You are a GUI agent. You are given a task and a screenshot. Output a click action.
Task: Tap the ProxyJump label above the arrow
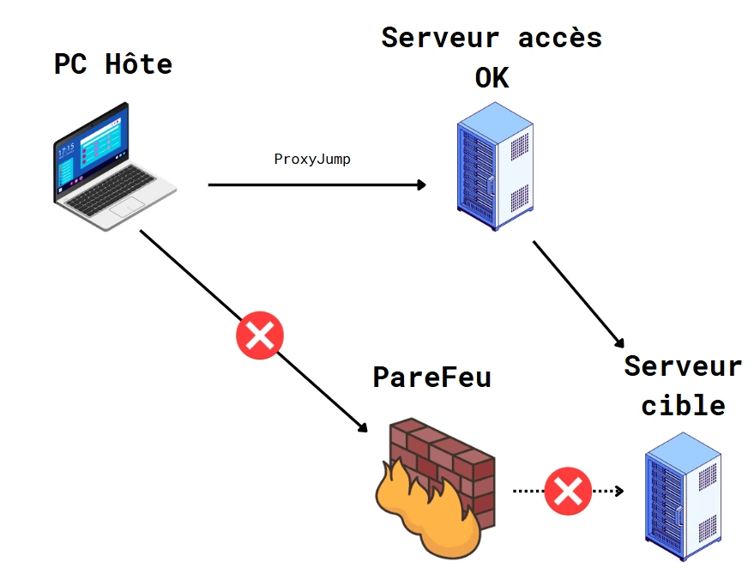pos(311,160)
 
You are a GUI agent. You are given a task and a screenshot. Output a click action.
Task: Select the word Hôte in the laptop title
pos(139,64)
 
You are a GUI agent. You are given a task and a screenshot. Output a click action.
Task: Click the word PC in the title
pos(70,64)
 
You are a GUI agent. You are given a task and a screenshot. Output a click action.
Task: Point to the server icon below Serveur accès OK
pos(493,167)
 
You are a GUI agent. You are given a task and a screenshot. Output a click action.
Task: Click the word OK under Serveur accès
pos(492,78)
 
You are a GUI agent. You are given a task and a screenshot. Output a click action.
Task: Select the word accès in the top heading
pos(560,38)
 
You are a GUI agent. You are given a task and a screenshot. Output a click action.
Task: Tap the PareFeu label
pos(431,378)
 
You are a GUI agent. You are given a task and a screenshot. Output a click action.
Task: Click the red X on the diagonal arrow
pos(259,335)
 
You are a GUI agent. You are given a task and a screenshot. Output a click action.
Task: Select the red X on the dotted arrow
pos(567,491)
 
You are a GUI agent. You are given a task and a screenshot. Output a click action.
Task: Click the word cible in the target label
pos(683,404)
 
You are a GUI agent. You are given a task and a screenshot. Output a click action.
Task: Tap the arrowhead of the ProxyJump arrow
pos(420,184)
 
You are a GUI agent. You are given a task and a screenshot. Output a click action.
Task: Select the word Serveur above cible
pos(683,366)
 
